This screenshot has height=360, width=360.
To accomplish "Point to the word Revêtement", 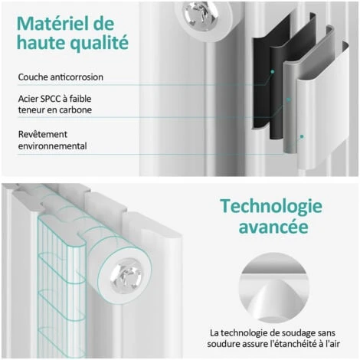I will tap(41, 134).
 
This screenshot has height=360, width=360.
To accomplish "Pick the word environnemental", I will tap(52, 146).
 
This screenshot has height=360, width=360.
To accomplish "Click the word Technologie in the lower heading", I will tap(270, 206).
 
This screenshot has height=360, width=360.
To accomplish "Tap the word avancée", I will tap(270, 228).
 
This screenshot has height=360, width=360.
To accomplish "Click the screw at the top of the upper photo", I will tap(201, 13).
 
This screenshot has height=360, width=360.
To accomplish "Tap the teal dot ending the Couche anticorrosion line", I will tap(271, 71).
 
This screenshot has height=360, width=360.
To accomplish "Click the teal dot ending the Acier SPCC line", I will tap(289, 100).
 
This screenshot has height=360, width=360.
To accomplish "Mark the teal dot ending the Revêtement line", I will tap(302, 137).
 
